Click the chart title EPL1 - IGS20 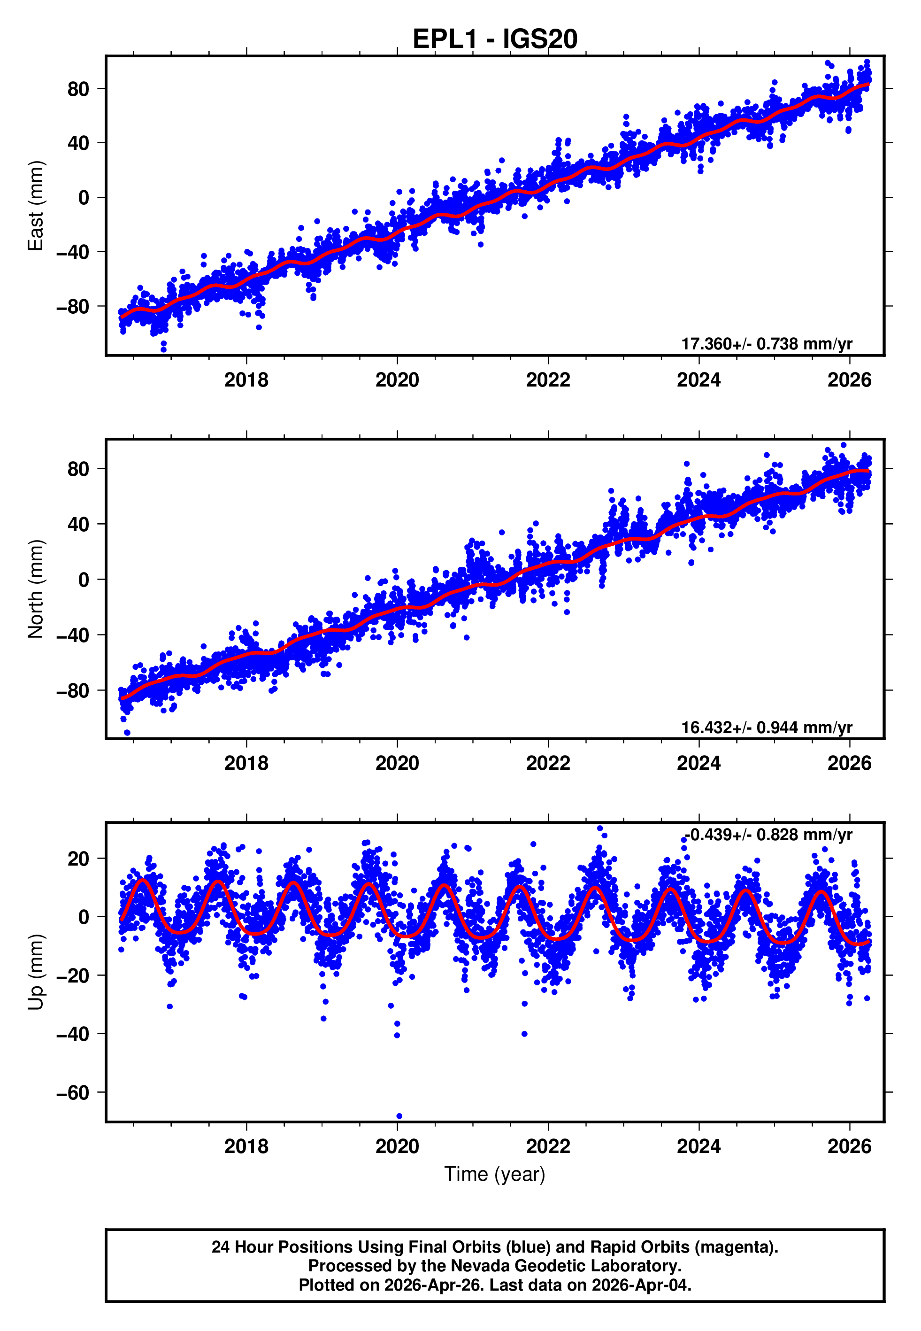click(x=495, y=39)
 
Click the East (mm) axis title click(x=36, y=206)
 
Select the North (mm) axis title click(x=36, y=589)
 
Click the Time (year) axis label click(x=495, y=1174)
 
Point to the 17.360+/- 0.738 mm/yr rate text click(x=767, y=344)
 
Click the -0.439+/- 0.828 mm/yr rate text click(x=768, y=835)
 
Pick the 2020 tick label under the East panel click(x=397, y=380)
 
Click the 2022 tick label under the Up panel click(x=548, y=1146)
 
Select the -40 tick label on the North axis click(x=73, y=635)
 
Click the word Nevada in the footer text click(x=476, y=1266)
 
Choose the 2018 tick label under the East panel click(x=246, y=380)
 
